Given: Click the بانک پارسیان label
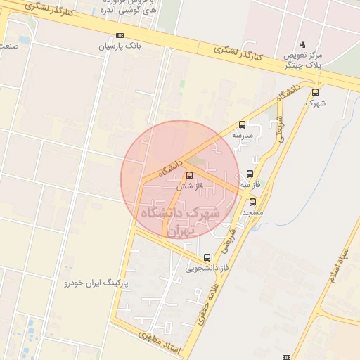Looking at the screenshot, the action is (x=120, y=46).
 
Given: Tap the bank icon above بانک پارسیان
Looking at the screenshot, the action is (x=120, y=35).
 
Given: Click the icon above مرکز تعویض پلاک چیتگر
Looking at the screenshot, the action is (x=303, y=44).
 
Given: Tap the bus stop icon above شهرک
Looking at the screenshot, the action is (x=315, y=91).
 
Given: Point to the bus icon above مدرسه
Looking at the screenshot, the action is (x=243, y=124).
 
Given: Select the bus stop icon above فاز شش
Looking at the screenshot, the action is (x=189, y=176).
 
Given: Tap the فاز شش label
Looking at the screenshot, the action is (x=189, y=186).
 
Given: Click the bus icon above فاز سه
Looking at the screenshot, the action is (x=251, y=174).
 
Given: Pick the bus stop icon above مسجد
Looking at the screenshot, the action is (x=252, y=202).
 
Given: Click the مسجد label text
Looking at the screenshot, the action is (x=252, y=212).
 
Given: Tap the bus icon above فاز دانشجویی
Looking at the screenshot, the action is (x=207, y=257).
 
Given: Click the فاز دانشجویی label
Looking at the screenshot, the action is (x=207, y=268).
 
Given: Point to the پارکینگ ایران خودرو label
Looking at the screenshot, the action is (x=98, y=283).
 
